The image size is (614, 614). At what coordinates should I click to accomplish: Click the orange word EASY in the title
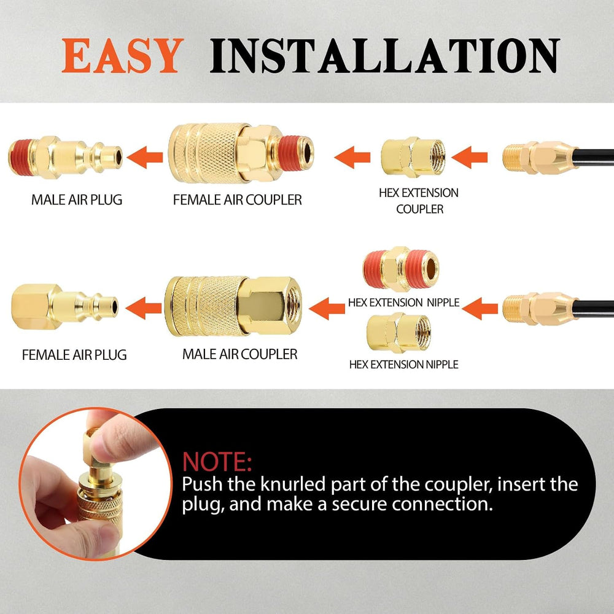click(x=123, y=56)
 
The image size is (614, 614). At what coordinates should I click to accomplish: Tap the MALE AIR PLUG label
click(x=77, y=200)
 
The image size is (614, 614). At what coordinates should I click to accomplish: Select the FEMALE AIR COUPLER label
click(x=237, y=200)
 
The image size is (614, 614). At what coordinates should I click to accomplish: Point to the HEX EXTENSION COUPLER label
click(x=419, y=201)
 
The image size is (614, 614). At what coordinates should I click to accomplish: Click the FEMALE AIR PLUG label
click(x=74, y=355)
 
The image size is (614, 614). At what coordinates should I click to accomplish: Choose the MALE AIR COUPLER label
click(x=239, y=354)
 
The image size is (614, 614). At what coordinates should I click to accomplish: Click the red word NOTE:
click(x=217, y=462)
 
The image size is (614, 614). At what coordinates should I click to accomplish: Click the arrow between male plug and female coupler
click(x=145, y=157)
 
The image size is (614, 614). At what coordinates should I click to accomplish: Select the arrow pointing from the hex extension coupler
click(x=352, y=157)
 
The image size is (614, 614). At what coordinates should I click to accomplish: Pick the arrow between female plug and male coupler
click(x=144, y=308)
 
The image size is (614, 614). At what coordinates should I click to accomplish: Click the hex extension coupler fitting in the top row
click(x=413, y=157)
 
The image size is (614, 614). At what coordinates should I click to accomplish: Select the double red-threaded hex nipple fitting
click(x=401, y=269)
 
